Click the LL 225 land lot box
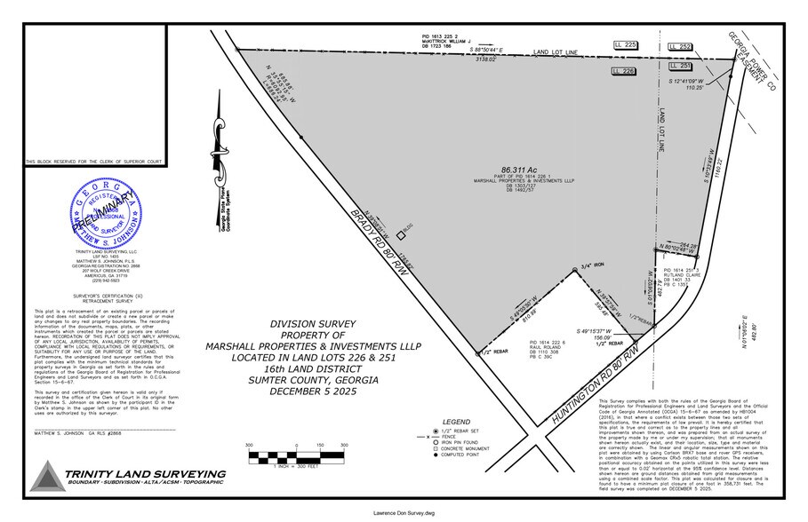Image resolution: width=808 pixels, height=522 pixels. (x=626, y=43)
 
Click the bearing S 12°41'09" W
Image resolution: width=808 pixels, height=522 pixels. (x=692, y=81)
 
